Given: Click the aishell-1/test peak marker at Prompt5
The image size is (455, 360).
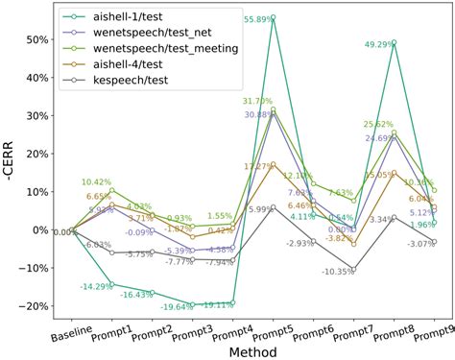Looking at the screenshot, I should tap(273, 17).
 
